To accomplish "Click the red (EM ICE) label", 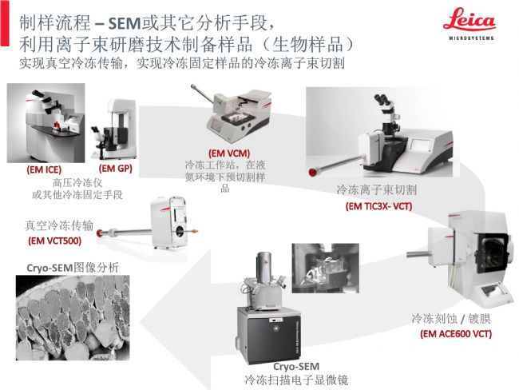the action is pos(44,169).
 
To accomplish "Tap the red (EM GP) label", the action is pos(116,169).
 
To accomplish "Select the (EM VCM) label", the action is pos(229,153).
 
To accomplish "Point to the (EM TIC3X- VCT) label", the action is pos(378,206).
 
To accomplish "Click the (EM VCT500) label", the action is pos(54,241).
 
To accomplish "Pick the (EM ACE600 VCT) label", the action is pos(456,334).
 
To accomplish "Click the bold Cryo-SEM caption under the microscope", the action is pos(296,367).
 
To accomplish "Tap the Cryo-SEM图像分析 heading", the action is pos(73,268).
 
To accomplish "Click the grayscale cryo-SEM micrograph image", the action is pos(73,317).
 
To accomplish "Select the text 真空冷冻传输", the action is pos(59,225).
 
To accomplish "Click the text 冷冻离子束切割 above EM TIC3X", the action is pos(376,190).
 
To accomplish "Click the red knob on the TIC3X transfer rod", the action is pos(311,173).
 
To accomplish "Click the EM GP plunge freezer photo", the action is pos(113,129).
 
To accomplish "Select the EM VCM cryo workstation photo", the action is pos(232,113).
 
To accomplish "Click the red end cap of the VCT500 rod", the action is pos(99,233).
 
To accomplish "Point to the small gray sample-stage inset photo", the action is pos(325,268).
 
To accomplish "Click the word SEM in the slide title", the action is pos(125,23).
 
